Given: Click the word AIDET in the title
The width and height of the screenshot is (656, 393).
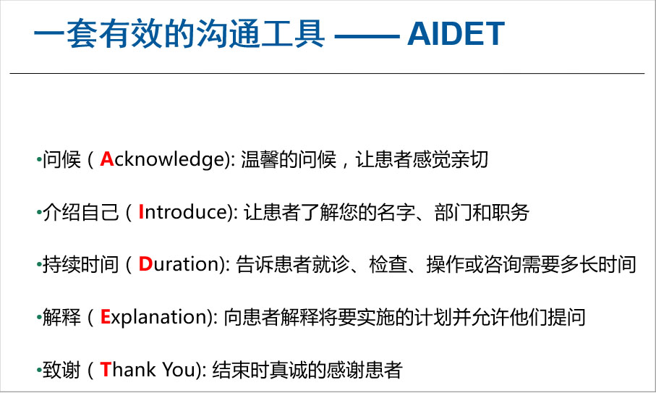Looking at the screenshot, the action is click(456, 34).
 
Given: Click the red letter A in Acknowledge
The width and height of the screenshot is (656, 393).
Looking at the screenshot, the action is click(107, 159).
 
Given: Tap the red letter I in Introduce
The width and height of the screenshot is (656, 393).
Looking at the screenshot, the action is click(141, 212).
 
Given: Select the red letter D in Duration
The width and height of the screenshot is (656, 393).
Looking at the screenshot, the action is click(145, 264).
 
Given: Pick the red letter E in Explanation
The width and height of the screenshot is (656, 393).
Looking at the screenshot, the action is click(105, 317).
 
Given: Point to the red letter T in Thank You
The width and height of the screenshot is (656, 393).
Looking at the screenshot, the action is click(105, 370).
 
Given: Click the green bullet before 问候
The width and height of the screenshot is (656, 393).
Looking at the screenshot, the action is click(39, 160).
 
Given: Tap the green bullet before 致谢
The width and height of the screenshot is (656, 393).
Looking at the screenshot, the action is click(39, 370).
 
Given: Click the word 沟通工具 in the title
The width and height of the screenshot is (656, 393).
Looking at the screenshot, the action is click(260, 34).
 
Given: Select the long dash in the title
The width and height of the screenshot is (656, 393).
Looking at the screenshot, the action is click(367, 36).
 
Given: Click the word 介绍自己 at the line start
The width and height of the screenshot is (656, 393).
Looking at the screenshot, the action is click(81, 212).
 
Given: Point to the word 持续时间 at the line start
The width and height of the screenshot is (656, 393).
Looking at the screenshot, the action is click(81, 264).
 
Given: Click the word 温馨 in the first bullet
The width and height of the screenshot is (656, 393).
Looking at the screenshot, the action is click(260, 159).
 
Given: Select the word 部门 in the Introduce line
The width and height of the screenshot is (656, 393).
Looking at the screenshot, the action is click(453, 212).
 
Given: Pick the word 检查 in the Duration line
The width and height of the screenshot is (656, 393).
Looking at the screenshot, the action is click(388, 264).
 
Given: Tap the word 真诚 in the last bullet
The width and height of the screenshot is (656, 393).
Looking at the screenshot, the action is click(289, 370).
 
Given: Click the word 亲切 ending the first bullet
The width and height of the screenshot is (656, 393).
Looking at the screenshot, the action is click(469, 159).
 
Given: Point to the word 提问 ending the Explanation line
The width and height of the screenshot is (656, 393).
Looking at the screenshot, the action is click(566, 317).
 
